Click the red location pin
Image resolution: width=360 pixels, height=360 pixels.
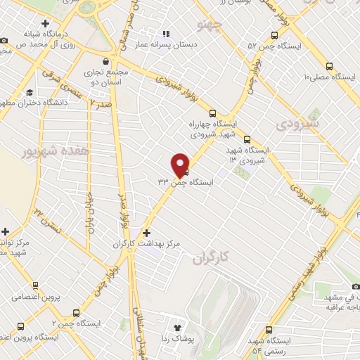[181, 164]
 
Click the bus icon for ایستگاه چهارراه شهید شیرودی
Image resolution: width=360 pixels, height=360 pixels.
[212, 113]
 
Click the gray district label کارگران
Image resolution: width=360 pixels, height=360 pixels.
[212, 258]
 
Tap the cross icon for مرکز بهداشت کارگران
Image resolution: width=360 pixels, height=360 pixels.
[146, 233]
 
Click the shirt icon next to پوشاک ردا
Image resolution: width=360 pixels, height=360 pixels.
[177, 328]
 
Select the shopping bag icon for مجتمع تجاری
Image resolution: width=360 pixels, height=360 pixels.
[105, 60]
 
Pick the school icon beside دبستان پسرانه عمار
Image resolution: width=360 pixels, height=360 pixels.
[166, 33]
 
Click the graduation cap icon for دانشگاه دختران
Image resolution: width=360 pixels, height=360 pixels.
[30, 94]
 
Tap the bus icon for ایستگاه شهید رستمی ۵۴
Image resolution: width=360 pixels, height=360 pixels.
[270, 330]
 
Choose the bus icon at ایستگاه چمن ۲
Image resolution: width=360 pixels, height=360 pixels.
[75, 313]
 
